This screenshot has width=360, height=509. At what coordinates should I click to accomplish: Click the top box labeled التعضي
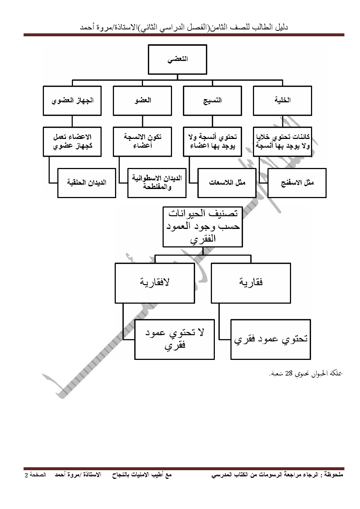tap(177, 59)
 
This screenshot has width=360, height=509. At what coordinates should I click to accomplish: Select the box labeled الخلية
tap(282, 100)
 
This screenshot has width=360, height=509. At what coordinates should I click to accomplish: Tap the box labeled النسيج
tap(212, 100)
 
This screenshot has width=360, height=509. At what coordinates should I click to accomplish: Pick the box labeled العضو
tap(142, 100)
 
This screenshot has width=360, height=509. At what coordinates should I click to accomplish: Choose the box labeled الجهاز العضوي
tap(72, 100)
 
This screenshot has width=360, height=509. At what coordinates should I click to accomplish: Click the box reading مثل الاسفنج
tap(297, 183)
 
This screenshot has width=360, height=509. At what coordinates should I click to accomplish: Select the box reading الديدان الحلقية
tap(87, 183)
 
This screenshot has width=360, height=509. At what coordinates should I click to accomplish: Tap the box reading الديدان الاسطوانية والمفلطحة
tap(157, 183)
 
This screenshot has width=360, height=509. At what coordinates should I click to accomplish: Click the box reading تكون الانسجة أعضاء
tap(142, 141)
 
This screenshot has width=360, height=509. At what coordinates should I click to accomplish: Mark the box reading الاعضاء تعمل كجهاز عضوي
tap(72, 141)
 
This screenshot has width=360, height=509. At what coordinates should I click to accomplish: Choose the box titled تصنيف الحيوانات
tap(202, 226)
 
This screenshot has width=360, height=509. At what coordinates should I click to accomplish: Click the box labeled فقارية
tap(251, 283)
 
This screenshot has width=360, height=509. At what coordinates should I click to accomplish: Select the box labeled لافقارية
tap(155, 283)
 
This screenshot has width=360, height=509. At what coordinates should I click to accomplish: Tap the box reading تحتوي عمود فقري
tap(271, 339)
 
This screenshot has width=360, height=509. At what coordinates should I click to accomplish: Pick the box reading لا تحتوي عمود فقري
tap(175, 339)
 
